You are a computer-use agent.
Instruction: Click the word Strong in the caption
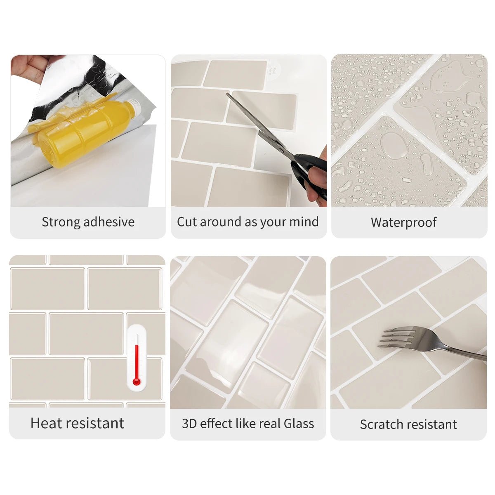(x=61, y=222)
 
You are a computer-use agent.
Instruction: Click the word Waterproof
(x=403, y=222)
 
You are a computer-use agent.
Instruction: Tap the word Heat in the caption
(x=46, y=423)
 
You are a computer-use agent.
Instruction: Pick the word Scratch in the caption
(x=379, y=424)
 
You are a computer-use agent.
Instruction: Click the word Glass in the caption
(x=299, y=424)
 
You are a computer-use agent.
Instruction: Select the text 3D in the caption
(x=189, y=424)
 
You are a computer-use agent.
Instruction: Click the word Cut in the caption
(x=187, y=222)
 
